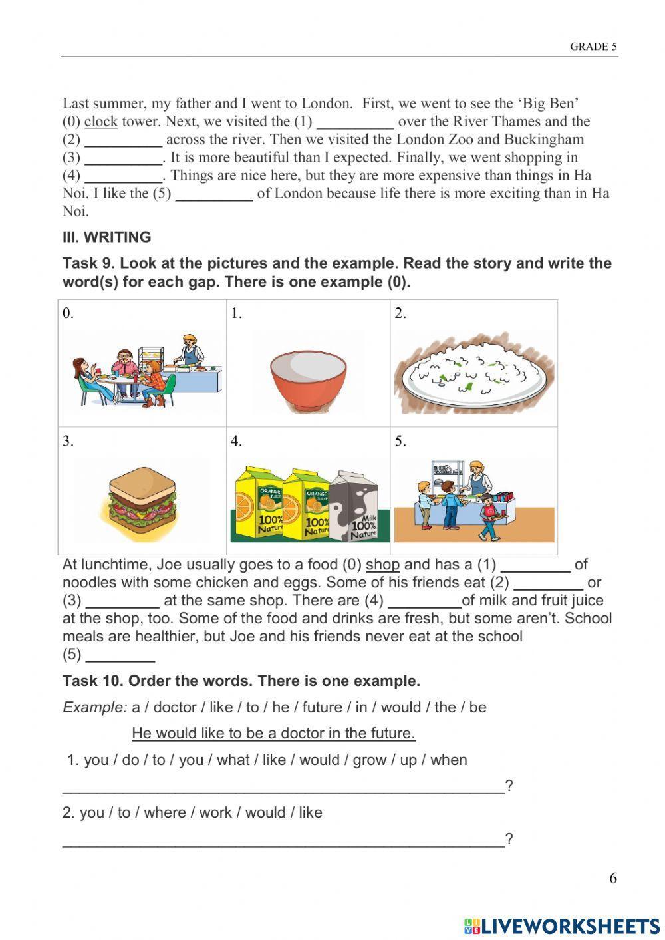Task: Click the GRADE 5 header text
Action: [x=593, y=47]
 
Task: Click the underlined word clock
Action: [x=100, y=122]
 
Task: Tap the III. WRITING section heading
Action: [x=106, y=237]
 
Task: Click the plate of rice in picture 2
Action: [x=473, y=375]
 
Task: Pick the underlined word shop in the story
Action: [x=382, y=565]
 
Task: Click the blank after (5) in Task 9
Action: [x=120, y=655]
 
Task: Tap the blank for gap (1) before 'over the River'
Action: [x=355, y=122]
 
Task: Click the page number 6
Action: [x=612, y=878]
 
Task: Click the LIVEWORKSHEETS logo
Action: [x=561, y=925]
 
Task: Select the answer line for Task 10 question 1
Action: [x=283, y=788]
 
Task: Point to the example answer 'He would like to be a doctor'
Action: [x=273, y=733]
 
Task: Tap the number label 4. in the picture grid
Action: [x=236, y=441]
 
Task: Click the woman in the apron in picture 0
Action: [x=190, y=353]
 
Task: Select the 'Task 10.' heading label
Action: [x=92, y=681]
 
